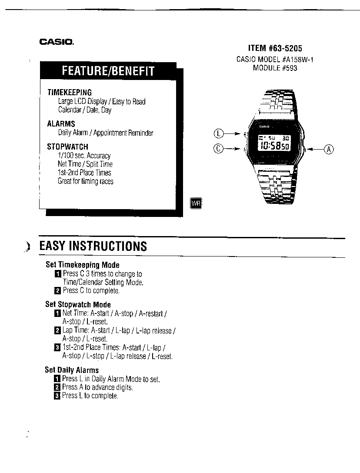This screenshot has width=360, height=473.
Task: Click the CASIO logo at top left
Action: [x=57, y=42]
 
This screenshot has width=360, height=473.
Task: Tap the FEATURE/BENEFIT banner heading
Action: [x=108, y=71]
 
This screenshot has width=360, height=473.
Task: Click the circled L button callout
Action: [x=218, y=133]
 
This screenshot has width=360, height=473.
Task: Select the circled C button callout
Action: [x=218, y=148]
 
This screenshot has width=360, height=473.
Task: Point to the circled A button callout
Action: [x=329, y=149]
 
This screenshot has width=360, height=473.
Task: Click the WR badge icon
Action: [x=196, y=203]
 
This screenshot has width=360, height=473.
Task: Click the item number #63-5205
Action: [x=285, y=48]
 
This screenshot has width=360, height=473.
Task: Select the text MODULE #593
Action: [x=275, y=68]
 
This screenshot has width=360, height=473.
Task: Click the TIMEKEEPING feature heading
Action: [x=70, y=92]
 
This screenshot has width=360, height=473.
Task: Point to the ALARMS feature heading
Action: [x=61, y=123]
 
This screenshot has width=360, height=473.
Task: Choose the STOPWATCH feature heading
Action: [x=67, y=147]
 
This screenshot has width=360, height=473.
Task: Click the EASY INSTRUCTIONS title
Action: [x=93, y=246]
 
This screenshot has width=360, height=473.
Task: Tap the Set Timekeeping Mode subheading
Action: [x=83, y=265]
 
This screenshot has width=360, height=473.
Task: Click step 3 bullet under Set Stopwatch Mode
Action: [x=57, y=347]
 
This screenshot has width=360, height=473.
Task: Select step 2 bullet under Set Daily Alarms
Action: [x=57, y=387]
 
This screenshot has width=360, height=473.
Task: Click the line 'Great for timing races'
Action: [x=86, y=181]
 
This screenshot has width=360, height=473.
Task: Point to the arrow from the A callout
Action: [x=315, y=149]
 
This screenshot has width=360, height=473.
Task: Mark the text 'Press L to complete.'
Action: [x=90, y=396]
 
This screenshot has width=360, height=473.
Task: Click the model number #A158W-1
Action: [x=297, y=60]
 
